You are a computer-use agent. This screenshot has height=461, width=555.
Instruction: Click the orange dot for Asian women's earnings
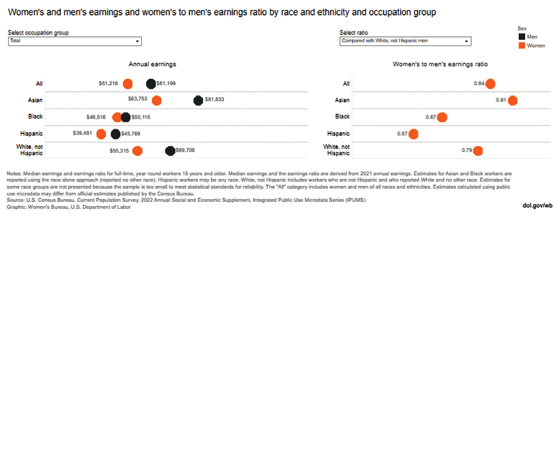tap(157, 100)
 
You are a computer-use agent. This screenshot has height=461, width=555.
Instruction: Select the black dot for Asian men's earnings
tap(198, 100)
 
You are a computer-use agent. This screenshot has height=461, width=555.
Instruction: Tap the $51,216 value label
tap(108, 83)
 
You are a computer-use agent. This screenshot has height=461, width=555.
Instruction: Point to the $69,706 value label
tap(189, 150)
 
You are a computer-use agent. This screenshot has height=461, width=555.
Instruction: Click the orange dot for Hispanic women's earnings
tap(101, 133)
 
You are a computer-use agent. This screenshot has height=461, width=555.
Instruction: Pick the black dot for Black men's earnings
tap(126, 117)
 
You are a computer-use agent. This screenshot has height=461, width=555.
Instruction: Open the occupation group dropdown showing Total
tap(74, 41)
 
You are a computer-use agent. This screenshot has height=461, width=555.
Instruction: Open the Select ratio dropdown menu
tap(405, 41)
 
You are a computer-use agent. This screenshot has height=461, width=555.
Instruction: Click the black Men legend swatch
tap(522, 37)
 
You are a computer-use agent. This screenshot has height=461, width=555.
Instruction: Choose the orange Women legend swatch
tap(522, 45)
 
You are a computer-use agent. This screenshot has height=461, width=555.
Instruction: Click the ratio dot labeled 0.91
tap(512, 100)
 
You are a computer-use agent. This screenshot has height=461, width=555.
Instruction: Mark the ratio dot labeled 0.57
tap(413, 133)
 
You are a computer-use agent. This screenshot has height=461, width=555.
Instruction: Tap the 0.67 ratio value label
tap(431, 117)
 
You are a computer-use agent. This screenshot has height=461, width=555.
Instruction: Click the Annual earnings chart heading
tap(152, 64)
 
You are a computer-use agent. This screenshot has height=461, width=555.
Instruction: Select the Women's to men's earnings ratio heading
tap(440, 64)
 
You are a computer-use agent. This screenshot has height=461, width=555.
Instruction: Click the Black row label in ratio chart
tap(342, 117)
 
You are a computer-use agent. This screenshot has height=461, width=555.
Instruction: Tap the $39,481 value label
tap(82, 133)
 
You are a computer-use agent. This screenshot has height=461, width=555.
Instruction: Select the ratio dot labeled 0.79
tap(478, 150)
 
